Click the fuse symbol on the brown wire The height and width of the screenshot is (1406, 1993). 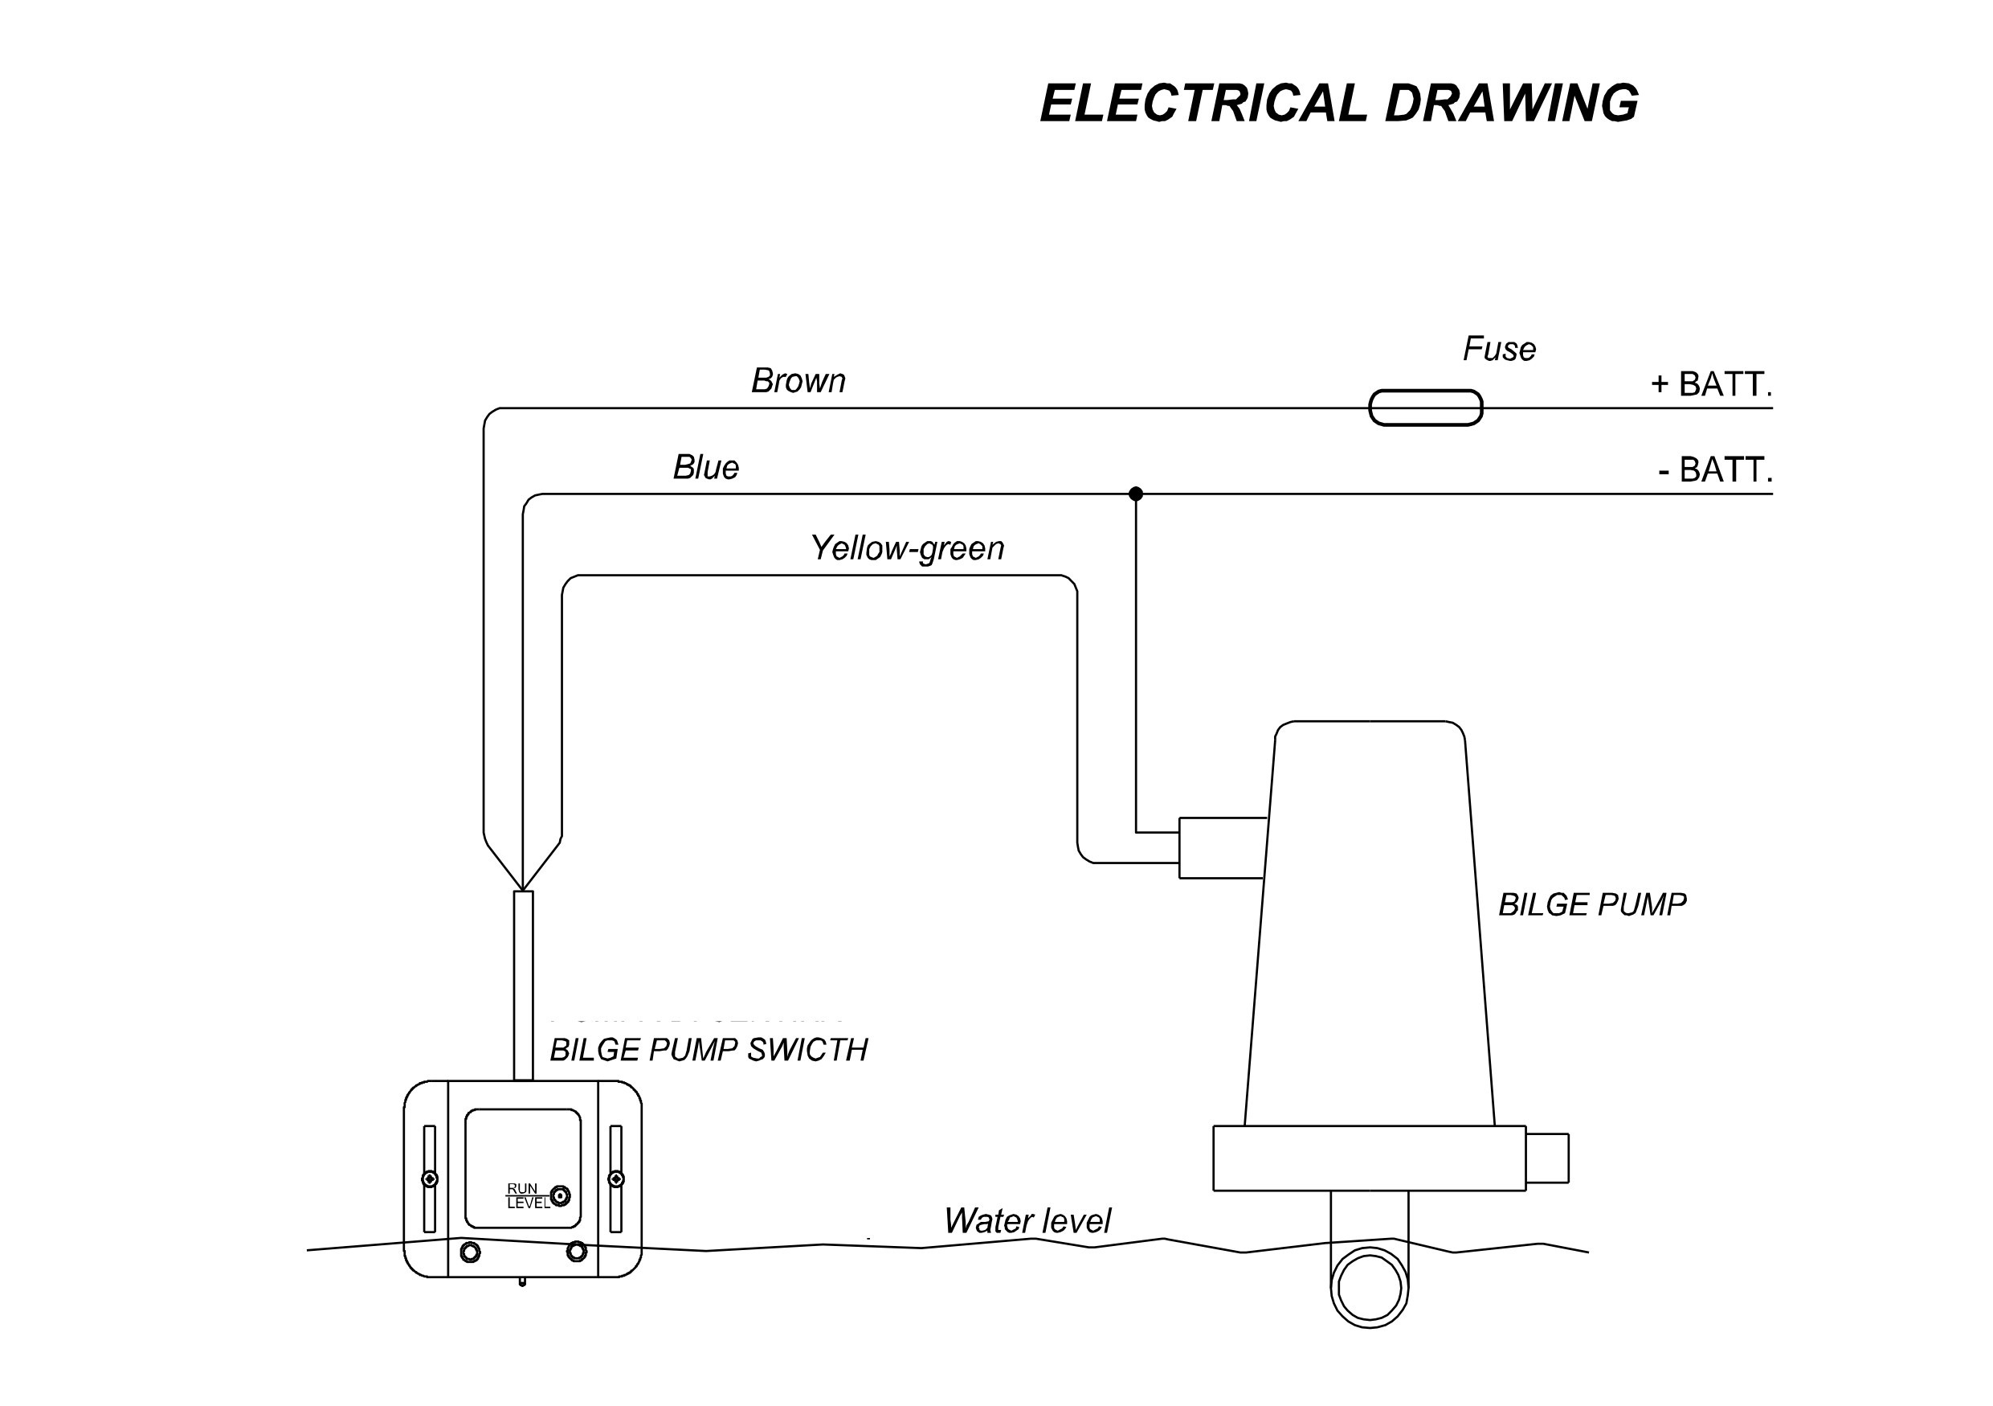point(1424,408)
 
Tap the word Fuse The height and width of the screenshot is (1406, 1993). point(1499,349)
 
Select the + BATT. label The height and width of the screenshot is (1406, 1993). point(1711,383)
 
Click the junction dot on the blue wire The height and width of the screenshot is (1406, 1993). point(1135,494)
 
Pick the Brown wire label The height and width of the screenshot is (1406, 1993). point(798,380)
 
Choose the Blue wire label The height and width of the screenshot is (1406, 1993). point(706,467)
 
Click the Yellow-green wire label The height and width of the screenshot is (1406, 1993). point(907,548)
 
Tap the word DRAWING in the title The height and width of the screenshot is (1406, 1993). point(1511,104)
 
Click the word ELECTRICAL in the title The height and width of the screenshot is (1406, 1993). point(1203,104)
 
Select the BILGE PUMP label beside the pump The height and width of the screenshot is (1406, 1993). point(1592,905)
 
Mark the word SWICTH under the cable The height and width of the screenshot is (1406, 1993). point(807,1050)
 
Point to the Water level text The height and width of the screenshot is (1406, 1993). point(1027,1221)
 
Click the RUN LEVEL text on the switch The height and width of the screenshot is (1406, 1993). point(527,1196)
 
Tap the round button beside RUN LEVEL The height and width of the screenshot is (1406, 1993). point(561,1196)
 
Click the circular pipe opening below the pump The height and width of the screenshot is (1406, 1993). point(1370,1289)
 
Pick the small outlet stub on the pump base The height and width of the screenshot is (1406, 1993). point(1547,1158)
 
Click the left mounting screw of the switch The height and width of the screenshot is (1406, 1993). point(430,1178)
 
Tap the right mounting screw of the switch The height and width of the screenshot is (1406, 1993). point(616,1178)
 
